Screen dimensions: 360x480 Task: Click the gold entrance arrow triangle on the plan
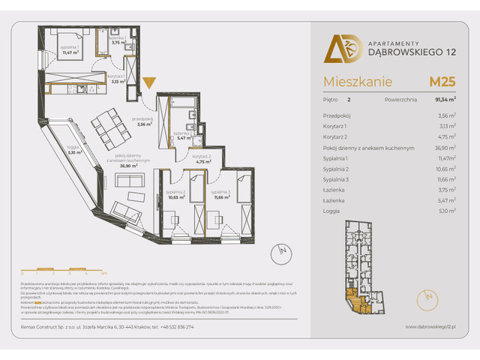[150, 81]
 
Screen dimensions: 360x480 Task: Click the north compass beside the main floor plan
[278, 250]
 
